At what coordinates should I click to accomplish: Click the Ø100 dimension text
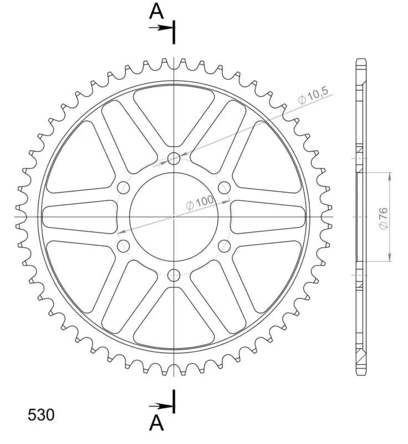tap(200, 202)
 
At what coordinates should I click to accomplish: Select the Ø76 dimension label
tap(383, 218)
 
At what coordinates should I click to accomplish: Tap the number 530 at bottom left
tap(41, 415)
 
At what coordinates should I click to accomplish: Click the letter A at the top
tap(156, 11)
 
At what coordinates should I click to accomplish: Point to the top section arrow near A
tap(161, 28)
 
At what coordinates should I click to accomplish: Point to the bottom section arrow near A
tap(161, 406)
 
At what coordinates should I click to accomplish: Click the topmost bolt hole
tap(174, 158)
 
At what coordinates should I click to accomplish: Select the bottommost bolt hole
tap(174, 275)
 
